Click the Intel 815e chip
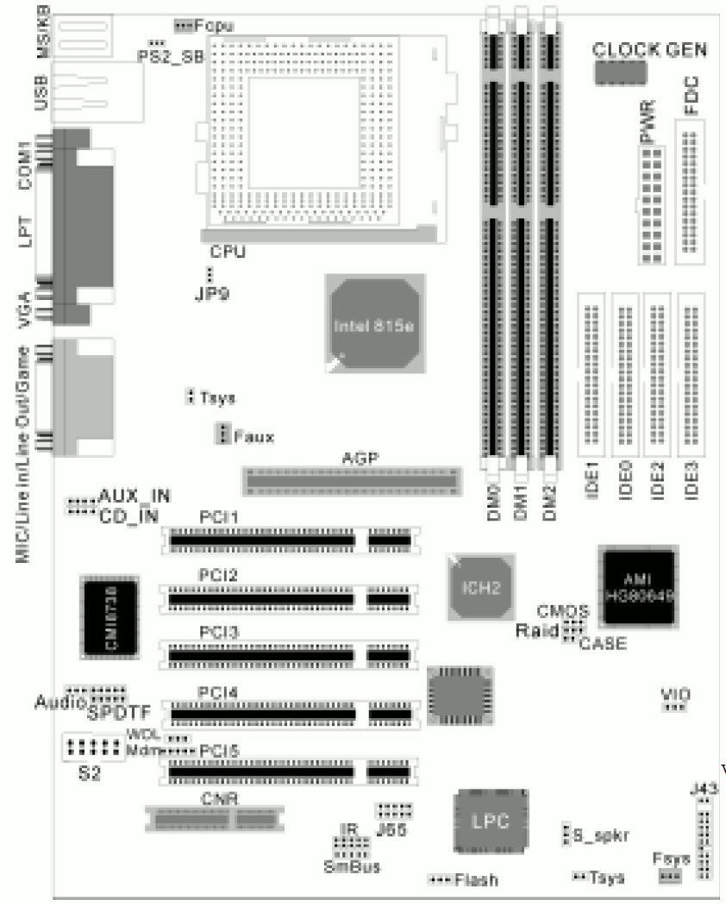pos(374,326)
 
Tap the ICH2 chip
pos(481,585)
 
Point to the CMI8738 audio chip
pos(109,616)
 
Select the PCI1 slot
pos(291,540)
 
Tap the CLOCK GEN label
pos(649,49)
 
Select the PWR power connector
pos(652,204)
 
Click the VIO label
pos(673,693)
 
